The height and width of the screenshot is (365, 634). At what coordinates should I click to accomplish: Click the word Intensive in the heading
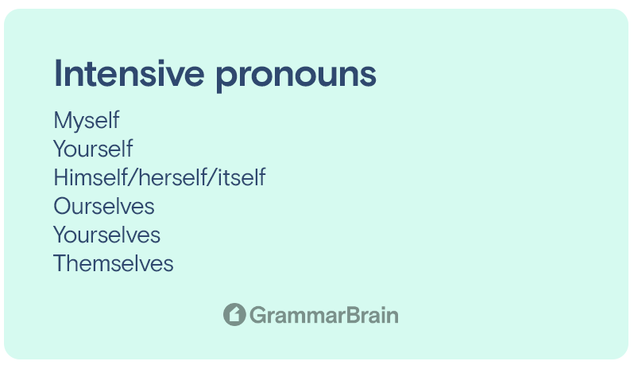point(129,73)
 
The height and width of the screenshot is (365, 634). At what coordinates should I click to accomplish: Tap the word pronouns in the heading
point(296,76)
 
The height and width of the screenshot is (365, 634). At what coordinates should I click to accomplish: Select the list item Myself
point(87,121)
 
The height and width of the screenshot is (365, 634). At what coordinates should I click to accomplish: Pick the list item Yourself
point(93,149)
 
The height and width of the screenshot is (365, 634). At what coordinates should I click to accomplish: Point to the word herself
point(173,177)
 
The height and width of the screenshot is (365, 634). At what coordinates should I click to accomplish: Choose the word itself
point(242,177)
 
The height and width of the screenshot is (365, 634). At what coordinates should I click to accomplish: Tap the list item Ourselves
point(104,206)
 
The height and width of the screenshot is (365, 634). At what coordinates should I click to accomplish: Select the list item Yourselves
point(106,235)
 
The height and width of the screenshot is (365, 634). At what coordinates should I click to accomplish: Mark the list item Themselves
point(113,263)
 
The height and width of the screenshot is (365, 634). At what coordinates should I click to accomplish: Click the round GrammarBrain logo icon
point(234,314)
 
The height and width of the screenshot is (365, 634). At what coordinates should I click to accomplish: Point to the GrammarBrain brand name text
point(324,315)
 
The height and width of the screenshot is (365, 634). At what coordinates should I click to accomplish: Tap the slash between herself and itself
point(213,177)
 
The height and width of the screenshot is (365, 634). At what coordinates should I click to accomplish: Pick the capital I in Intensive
point(57,73)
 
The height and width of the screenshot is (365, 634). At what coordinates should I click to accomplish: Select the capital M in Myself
point(63,120)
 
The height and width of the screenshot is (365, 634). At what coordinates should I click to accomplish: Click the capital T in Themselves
point(60,263)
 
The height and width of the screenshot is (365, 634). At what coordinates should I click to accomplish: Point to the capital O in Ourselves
point(63,206)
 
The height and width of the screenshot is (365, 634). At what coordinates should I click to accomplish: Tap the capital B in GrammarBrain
point(353,315)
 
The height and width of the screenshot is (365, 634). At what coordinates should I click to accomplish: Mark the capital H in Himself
point(61,177)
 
